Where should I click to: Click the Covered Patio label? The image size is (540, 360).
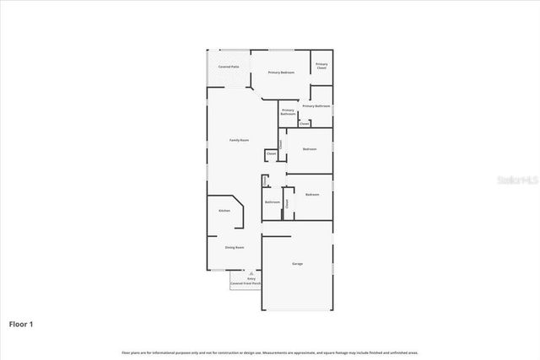coord(229,66)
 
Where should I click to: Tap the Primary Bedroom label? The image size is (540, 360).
coord(281,73)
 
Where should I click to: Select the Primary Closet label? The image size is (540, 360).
coord(321,66)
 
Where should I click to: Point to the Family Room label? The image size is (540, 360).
coord(239,140)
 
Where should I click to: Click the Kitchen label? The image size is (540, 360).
coord(224,210)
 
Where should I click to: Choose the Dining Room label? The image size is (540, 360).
coord(235,247)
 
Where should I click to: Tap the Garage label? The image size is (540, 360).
coord(297,264)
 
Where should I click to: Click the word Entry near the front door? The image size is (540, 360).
coord(251,278)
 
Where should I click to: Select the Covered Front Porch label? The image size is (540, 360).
coord(246,284)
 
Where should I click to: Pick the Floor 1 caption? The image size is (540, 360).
coord(21,323)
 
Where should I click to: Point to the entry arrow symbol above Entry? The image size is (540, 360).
coord(251,273)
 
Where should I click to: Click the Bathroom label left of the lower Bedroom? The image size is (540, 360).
coord(273,202)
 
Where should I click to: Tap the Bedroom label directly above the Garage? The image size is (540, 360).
coord(312,195)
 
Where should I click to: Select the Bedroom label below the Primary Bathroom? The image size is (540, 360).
coord(310,149)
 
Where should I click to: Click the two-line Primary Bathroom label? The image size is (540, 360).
coord(288,111)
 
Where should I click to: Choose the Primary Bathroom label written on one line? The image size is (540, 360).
coord(316,106)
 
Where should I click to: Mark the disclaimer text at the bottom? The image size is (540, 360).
coord(270,352)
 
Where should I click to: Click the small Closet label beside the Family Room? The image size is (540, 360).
coord(271,154)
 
